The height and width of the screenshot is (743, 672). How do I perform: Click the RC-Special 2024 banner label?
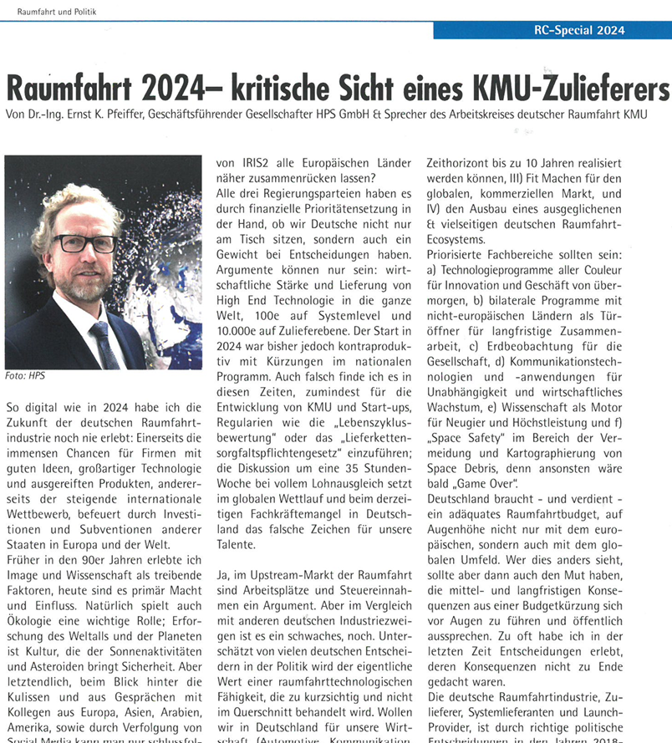click(x=578, y=30)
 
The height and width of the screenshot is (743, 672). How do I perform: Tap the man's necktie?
click(x=106, y=342)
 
